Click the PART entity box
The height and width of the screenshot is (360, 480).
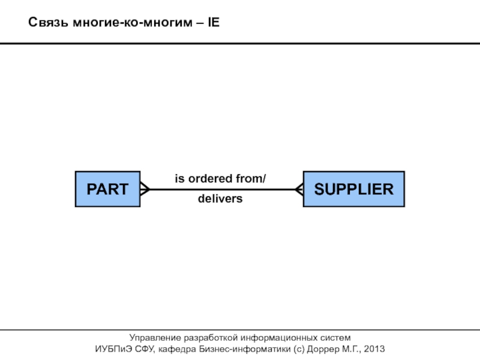point(107,190)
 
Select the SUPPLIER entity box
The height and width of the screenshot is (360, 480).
point(354,190)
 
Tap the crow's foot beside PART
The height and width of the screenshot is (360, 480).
point(144,190)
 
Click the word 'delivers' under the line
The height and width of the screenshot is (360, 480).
point(220,199)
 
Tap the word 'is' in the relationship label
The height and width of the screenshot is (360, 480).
point(179,179)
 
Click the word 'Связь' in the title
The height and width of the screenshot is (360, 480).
point(49,23)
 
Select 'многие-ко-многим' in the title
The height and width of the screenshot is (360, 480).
point(132,23)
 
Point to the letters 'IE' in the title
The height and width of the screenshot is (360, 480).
point(214,23)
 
